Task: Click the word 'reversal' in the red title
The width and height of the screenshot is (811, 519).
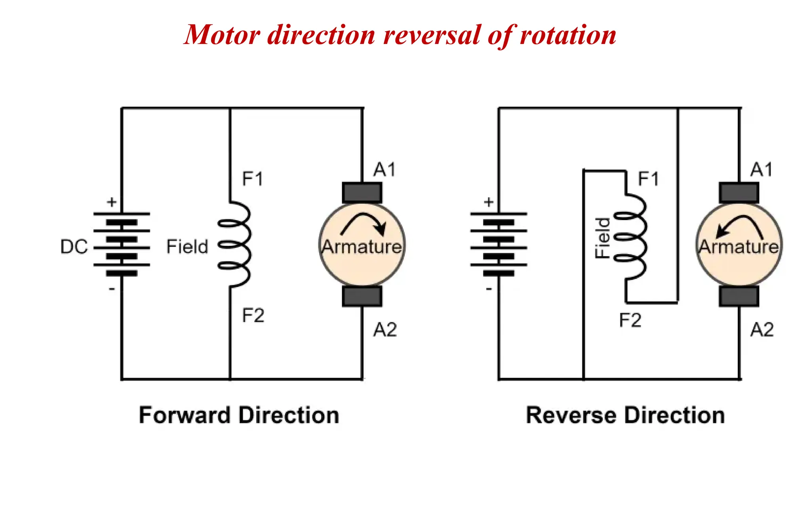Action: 432,35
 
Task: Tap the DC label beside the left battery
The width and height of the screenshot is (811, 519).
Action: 74,247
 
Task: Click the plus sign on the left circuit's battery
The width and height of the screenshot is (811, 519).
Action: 112,202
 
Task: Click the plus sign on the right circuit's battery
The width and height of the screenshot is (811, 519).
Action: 489,202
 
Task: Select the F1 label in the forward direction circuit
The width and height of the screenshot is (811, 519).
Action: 253,179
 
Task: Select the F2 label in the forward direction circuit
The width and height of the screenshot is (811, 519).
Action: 253,316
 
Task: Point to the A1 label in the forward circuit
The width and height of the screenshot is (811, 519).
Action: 385,170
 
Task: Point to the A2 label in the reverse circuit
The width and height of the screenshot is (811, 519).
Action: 762,329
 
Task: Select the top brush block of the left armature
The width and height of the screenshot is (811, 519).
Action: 362,193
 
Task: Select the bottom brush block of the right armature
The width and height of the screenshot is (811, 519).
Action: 739,297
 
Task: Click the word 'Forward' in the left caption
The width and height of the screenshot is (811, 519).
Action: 184,415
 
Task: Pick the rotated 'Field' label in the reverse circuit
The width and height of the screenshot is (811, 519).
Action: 603,238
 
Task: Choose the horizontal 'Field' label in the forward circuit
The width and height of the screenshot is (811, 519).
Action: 187,247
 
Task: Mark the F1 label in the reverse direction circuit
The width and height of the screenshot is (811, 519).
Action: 648,179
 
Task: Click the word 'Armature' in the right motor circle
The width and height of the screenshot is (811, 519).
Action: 739,247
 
